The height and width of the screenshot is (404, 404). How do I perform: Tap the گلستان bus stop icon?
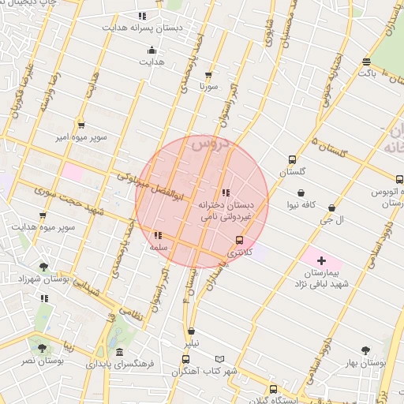pos(293,159)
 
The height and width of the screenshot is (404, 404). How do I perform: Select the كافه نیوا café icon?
pos(301,192)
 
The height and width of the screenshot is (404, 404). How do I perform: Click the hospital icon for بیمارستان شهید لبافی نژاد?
pos(321,260)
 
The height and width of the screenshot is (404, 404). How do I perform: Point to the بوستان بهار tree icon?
pos(365,350)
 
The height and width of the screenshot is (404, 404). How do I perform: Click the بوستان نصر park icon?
pos(40,347)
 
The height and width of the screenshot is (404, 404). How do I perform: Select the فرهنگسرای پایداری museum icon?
pos(119,353)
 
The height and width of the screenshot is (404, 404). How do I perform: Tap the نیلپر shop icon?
pos(191,331)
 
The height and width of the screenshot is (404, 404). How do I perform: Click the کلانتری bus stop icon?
pos(239,241)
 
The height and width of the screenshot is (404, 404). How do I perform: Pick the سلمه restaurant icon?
pos(158,235)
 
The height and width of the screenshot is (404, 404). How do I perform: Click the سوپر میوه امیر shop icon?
pos(81,125)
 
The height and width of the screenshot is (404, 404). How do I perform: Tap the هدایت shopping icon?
pos(151,51)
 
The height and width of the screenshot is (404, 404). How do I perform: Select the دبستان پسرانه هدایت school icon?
pos(142,16)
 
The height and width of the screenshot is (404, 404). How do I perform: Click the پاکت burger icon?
pos(366,62)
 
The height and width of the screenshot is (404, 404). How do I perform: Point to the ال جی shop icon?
pos(331,208)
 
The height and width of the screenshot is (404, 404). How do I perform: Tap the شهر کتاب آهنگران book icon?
pos(219,360)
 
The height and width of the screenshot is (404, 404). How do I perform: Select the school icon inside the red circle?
pos(226,193)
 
